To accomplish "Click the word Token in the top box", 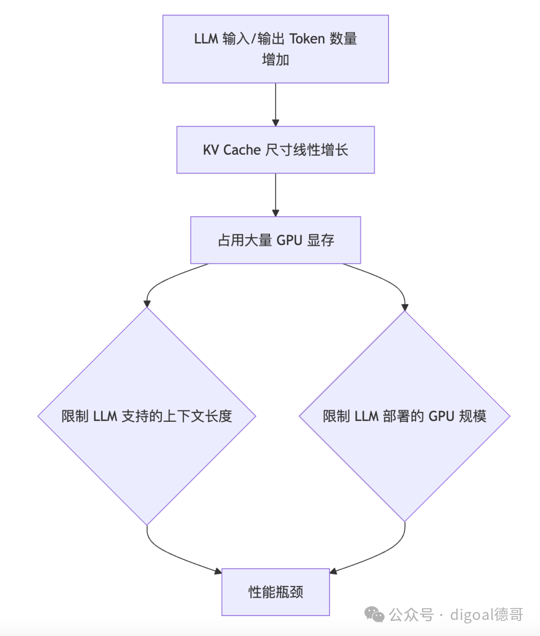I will pyautogui.click(x=307, y=39).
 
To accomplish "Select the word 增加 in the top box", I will pyautogui.click(x=275, y=60).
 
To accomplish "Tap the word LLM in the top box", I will pyautogui.click(x=206, y=39).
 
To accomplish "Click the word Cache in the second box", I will pyautogui.click(x=242, y=150).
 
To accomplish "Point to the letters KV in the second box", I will pyautogui.click(x=210, y=150).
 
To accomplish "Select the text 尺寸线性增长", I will pyautogui.click(x=306, y=150).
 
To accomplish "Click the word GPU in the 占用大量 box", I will pyautogui.click(x=289, y=241).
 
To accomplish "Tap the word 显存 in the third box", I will pyautogui.click(x=320, y=241).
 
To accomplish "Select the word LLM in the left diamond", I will pyautogui.click(x=105, y=416).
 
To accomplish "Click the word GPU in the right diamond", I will pyautogui.click(x=441, y=416).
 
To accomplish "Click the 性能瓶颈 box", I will pyautogui.click(x=275, y=592).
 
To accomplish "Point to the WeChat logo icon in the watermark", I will pyautogui.click(x=374, y=614).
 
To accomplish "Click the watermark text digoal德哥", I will pyautogui.click(x=486, y=614).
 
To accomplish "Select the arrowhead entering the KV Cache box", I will pyautogui.click(x=275, y=123).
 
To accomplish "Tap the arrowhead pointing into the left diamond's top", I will pyautogui.click(x=147, y=303).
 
